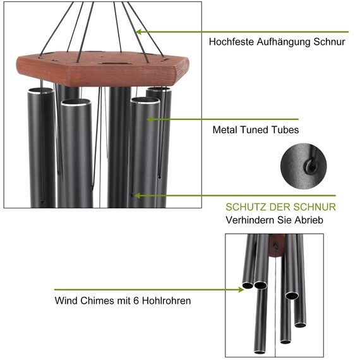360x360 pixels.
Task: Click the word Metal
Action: pyautogui.click(x=225, y=130)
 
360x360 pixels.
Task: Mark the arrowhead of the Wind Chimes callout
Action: pyautogui.click(x=243, y=290)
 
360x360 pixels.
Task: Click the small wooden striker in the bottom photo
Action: pyautogui.click(x=275, y=244)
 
